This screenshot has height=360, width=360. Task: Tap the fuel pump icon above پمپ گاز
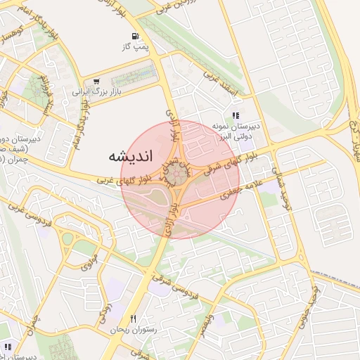click(134, 36)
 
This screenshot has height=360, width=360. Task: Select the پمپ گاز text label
click(134, 46)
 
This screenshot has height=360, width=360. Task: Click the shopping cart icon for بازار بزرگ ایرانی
click(96, 81)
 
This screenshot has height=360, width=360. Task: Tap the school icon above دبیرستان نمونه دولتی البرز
click(236, 115)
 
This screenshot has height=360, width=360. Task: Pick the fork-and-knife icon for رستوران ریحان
click(134, 319)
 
